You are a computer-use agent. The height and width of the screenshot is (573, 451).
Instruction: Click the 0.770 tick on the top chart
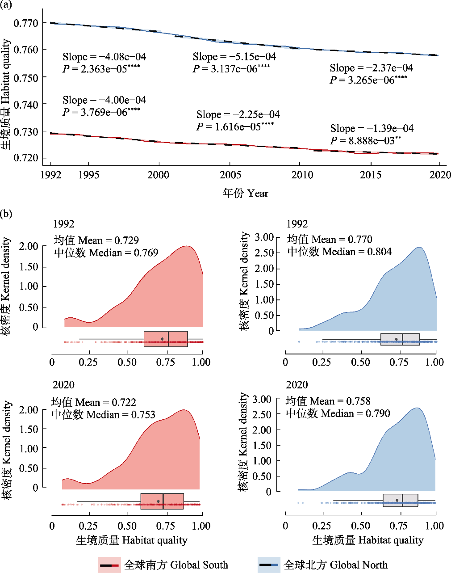click(x=26, y=23)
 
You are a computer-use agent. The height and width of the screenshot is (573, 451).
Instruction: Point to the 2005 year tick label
click(x=230, y=175)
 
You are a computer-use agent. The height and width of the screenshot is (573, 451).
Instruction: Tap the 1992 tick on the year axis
click(x=50, y=175)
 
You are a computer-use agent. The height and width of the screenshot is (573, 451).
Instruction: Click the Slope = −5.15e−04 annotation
click(x=234, y=57)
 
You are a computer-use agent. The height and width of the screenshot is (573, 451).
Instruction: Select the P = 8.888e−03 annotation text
click(x=366, y=141)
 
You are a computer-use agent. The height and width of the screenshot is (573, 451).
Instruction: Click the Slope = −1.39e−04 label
click(x=372, y=129)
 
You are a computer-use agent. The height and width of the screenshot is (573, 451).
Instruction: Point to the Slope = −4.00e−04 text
click(x=104, y=100)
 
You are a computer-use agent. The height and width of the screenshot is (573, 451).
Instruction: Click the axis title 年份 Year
click(x=246, y=193)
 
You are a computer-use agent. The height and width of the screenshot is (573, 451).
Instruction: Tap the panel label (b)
click(x=7, y=214)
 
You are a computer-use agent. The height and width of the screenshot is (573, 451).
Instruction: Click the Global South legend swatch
click(x=109, y=565)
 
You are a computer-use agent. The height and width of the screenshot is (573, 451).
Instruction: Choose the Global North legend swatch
click(x=269, y=565)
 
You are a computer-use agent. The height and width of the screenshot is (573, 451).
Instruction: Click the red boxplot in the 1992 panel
click(x=166, y=339)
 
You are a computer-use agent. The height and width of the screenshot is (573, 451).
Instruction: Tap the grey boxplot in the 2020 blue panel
click(x=401, y=500)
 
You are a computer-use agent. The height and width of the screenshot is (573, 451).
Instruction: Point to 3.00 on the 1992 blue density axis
click(x=264, y=237)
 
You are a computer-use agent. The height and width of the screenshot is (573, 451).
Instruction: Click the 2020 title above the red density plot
click(x=63, y=385)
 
